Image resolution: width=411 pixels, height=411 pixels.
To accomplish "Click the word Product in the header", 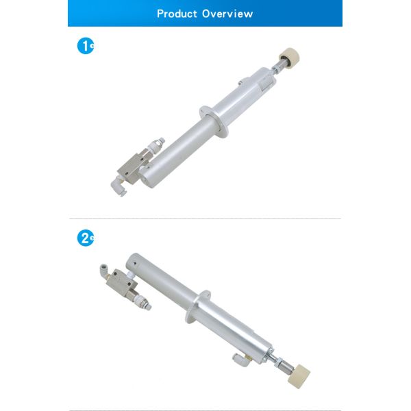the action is point(177,14).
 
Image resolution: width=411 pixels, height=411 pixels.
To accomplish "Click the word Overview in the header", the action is point(227,14).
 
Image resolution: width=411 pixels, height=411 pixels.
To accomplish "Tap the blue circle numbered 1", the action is point(86,46).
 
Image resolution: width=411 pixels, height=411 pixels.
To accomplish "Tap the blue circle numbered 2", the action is point(86,238).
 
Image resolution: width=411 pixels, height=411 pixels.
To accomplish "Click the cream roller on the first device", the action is point(289,57).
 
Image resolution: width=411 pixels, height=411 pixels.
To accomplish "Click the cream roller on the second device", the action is point(299,376).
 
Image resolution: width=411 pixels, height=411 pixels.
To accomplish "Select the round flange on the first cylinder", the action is point(213,121).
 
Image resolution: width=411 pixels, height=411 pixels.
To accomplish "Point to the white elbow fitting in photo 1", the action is point(119,186).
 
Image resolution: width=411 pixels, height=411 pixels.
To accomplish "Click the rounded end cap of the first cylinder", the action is point(147,177).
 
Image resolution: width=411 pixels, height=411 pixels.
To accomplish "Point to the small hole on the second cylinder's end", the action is point(135,264).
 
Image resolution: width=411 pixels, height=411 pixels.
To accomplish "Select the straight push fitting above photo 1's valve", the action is point(156,145).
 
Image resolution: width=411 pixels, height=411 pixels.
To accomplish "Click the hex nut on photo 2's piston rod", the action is point(279,362).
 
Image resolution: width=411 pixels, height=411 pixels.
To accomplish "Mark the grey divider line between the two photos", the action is point(205,219).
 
